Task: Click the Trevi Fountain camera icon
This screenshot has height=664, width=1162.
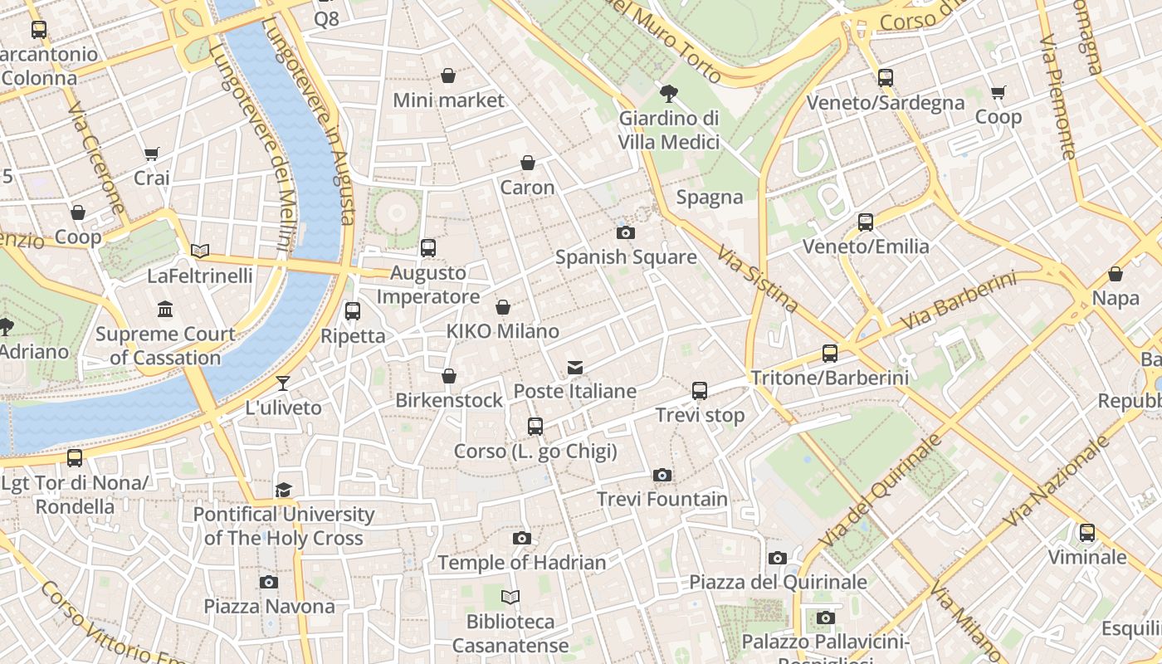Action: (662, 475)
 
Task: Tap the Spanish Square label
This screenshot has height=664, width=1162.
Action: (626, 257)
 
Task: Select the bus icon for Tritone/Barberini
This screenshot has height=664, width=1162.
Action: (829, 354)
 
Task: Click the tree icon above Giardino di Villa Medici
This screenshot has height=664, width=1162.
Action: (668, 94)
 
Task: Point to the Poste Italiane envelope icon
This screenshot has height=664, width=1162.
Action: (574, 367)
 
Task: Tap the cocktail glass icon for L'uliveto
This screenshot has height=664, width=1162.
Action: (283, 383)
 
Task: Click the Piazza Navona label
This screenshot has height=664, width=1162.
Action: (269, 607)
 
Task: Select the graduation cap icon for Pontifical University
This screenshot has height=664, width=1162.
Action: (284, 490)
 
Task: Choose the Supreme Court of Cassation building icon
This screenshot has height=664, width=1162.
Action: (165, 310)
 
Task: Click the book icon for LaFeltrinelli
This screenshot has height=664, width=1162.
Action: (199, 251)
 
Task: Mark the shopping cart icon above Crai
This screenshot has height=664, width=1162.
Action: (151, 154)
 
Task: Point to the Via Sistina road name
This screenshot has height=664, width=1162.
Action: (757, 279)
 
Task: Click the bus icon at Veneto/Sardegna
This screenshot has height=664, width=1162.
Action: (886, 78)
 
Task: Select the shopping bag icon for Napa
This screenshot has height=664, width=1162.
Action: (1116, 274)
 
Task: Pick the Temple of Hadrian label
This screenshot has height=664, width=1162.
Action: (521, 563)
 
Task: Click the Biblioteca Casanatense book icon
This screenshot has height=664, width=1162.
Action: (510, 597)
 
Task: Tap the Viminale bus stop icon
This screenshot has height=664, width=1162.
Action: (1086, 533)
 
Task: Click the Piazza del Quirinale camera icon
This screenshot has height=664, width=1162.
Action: (777, 558)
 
